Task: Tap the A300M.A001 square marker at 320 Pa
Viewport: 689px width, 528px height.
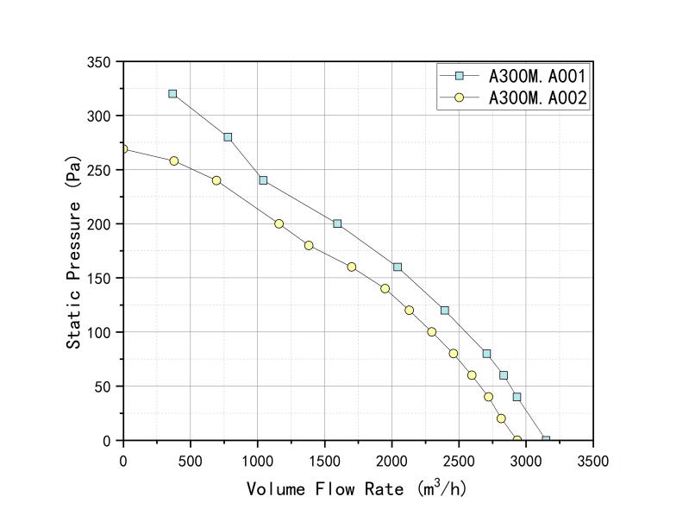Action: coord(172,93)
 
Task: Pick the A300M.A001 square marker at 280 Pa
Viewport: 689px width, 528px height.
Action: coord(228,137)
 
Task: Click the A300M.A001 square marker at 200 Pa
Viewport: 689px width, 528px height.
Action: coord(337,223)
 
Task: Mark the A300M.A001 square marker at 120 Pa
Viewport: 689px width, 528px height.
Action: coord(445,311)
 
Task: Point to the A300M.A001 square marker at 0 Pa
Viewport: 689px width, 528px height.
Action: coord(546,440)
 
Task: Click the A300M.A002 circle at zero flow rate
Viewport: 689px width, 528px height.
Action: coord(123,149)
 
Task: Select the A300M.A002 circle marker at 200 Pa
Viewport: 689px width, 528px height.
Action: coord(279,223)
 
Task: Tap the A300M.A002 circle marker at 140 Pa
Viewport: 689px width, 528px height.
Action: coord(385,289)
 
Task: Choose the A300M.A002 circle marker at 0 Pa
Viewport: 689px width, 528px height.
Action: coord(517,440)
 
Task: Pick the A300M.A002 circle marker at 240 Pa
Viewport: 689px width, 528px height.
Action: coord(216,180)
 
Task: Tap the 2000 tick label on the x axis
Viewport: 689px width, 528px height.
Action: coord(391,462)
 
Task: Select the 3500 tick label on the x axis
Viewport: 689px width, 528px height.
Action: coord(592,462)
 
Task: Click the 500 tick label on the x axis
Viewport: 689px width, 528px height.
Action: coord(191,462)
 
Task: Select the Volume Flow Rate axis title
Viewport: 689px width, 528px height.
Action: coord(357,489)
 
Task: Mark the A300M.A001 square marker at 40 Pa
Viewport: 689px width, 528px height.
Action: coord(517,397)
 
